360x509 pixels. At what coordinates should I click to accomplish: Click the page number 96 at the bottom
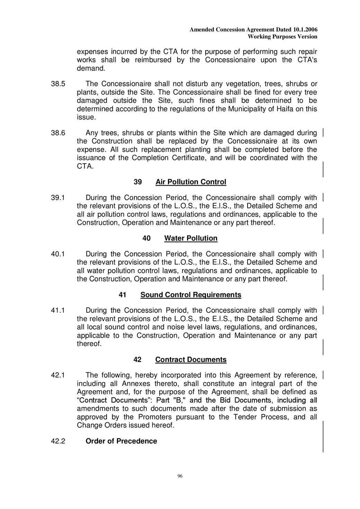[x=180, y=476]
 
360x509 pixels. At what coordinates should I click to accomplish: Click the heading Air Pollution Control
[x=191, y=182]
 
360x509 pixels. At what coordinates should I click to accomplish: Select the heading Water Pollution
[x=191, y=238]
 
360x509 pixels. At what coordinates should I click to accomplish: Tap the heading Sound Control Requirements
[x=191, y=295]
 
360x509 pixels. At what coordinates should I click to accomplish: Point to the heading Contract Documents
[x=191, y=360]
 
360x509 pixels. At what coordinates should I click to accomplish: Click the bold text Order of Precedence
[x=121, y=441]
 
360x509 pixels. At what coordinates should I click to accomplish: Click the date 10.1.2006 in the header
[x=305, y=30]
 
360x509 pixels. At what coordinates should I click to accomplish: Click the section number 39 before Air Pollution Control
[x=137, y=182]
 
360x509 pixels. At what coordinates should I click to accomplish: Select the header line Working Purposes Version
[x=282, y=37]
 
